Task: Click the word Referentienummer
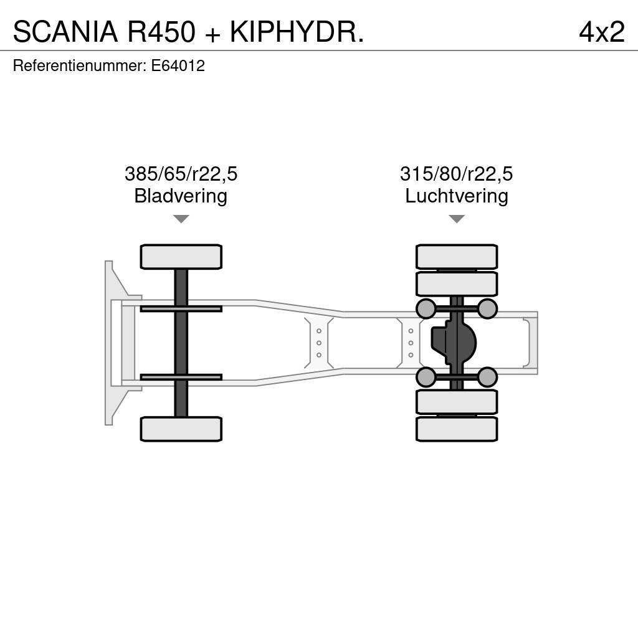coord(79,66)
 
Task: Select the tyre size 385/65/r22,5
coord(181,174)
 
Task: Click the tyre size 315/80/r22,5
coord(456,174)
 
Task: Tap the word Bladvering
coord(181,196)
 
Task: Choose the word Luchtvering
coord(456,196)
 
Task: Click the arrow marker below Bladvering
coord(181,219)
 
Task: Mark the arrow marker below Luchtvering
coord(456,219)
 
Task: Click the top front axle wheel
coord(181,257)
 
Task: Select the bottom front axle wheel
coord(181,429)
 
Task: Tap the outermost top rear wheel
coord(456,257)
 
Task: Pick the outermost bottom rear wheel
coord(456,429)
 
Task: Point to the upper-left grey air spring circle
coord(426,308)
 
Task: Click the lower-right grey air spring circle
coord(487,376)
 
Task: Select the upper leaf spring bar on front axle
coord(181,308)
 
